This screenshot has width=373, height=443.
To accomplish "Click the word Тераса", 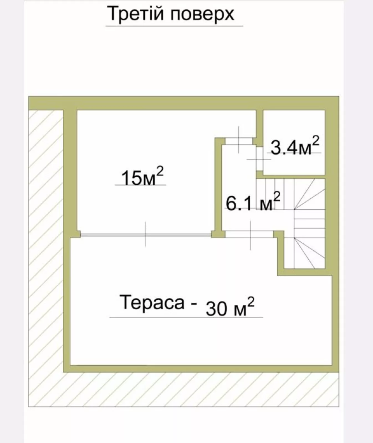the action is pyautogui.click(x=152, y=302).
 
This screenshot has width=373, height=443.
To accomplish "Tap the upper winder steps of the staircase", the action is pyautogui.click(x=309, y=194).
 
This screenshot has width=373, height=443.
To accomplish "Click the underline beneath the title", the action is pyautogui.click(x=174, y=26).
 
